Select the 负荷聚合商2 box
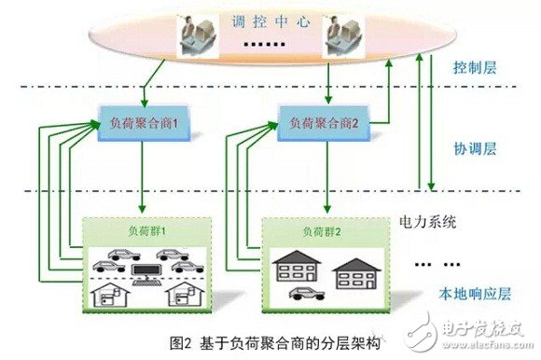319,123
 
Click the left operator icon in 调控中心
199,35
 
